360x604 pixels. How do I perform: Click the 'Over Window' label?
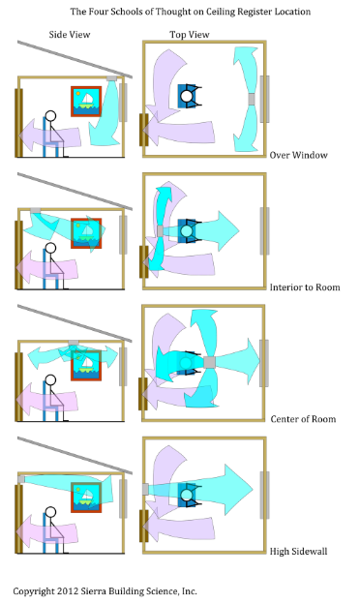tap(298, 155)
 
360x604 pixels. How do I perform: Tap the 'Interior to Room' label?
tap(305, 287)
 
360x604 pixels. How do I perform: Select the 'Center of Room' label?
tap(303, 419)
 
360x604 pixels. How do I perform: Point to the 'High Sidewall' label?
tap(298, 551)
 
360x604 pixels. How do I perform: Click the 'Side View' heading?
tap(70, 35)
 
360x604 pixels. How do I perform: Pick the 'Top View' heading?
tap(190, 35)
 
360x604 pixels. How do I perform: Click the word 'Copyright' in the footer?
tap(34, 591)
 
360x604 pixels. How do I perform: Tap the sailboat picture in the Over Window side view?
tap(86, 102)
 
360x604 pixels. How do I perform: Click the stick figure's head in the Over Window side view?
tap(50, 115)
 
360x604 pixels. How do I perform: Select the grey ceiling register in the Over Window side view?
tap(111, 78)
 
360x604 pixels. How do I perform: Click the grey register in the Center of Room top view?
tap(209, 362)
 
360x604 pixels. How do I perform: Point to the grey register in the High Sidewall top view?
tap(145, 489)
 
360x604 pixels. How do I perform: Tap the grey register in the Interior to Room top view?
tap(161, 231)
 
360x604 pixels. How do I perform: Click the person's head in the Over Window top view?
tap(187, 96)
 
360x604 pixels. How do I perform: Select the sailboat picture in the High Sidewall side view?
tap(86, 498)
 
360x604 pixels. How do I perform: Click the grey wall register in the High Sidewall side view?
tap(21, 479)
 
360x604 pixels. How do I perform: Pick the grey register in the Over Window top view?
tap(252, 99)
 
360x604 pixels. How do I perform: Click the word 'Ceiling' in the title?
tap(221, 12)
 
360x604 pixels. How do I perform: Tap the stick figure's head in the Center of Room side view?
tap(50, 380)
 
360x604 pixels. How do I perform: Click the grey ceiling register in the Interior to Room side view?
tap(35, 210)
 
